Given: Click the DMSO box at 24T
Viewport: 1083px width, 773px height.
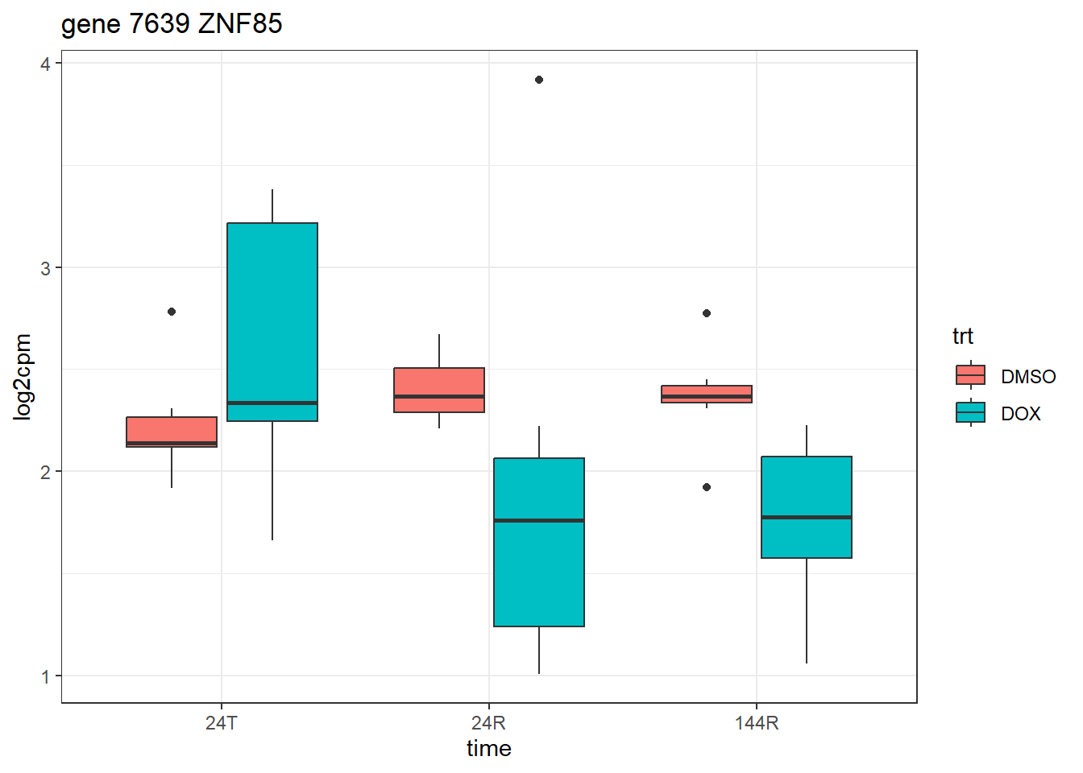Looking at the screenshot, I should pos(172,432).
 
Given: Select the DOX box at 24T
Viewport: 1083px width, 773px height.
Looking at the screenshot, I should pos(272,322).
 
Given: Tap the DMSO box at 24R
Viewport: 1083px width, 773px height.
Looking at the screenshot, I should pos(439,390).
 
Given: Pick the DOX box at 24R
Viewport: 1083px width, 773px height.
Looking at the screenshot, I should pos(539,542).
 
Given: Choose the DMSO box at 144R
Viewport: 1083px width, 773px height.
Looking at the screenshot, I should pos(707,394).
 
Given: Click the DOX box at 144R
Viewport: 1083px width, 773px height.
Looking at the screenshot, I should pos(807,507).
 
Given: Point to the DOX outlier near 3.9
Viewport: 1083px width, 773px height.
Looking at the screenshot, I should pos(539,80).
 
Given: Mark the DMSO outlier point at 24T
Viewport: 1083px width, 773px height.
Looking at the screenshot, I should pos(172,312).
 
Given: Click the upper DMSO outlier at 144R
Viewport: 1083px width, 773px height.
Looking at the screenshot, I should pos(707,313).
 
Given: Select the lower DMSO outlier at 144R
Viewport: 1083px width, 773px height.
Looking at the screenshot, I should pos(707,487).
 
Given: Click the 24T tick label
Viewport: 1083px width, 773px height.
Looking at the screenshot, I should pos(222,723).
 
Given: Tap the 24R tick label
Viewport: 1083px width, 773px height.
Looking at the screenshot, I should pos(489,723).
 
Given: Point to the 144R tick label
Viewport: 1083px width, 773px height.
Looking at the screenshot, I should pos(757,723).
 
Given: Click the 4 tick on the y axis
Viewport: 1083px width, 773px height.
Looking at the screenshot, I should pos(46,64).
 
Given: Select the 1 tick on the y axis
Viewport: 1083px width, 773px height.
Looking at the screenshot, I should pos(46,676).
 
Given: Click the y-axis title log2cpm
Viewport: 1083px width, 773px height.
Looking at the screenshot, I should pos(23,377).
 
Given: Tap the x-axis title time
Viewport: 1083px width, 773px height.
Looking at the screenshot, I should pos(489,749).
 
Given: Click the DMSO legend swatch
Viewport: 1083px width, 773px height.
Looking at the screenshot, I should pos(970,375).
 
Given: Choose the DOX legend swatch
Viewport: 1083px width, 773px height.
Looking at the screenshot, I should pos(970,412).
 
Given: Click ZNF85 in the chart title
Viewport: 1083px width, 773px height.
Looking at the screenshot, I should pos(240,24).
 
